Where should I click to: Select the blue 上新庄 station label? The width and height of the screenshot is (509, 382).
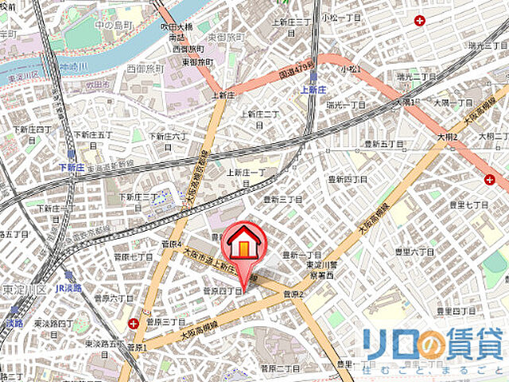pos(315,91)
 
